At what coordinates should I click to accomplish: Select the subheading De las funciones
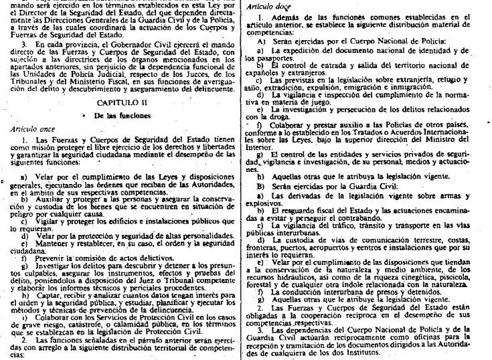tap(122, 115)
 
